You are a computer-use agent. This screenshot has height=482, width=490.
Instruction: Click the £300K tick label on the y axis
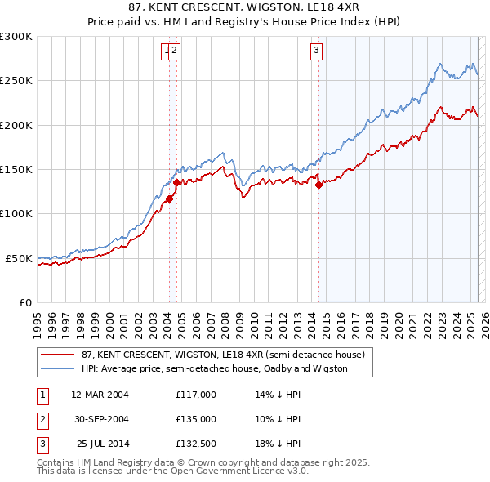[x=16, y=37]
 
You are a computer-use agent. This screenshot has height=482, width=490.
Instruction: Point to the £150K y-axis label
[x=16, y=170]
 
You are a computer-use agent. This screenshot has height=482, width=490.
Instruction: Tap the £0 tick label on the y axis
[x=24, y=302]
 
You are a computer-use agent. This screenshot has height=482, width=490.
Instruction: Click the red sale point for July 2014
[x=319, y=185]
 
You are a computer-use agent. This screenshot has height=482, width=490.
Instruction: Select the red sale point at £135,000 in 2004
[x=177, y=183]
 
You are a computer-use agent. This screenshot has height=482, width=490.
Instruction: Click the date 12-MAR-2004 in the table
[x=100, y=395]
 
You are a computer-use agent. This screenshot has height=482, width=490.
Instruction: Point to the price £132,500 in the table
[x=196, y=444]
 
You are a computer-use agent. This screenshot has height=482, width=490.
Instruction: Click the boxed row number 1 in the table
[x=42, y=395]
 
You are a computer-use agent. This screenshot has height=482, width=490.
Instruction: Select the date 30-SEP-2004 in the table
[x=100, y=419]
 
